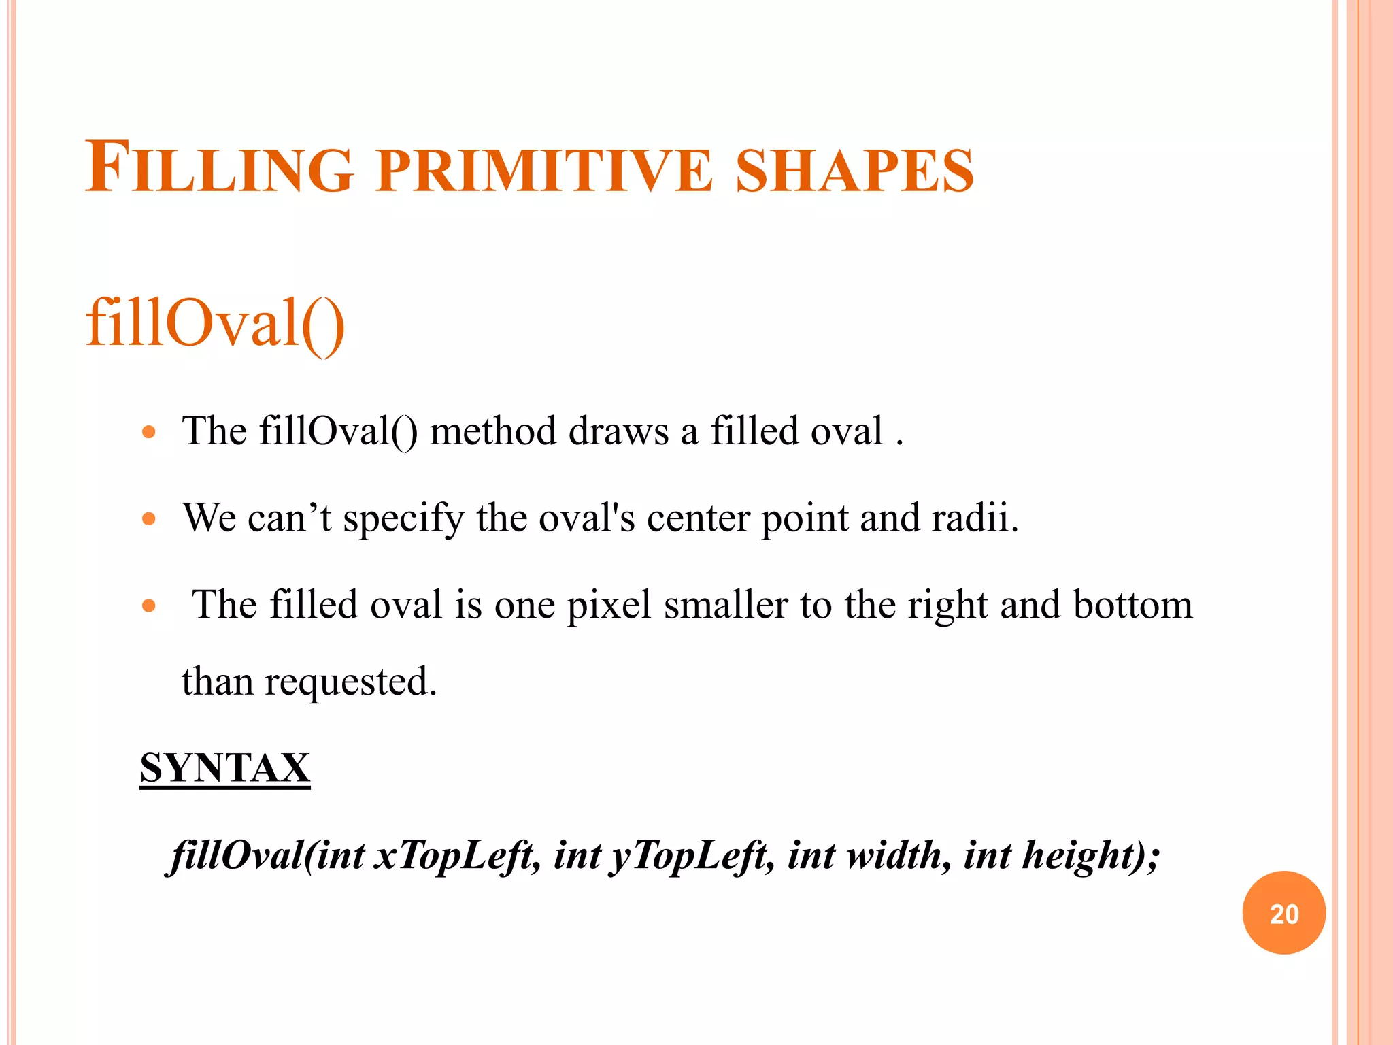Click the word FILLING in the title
[x=219, y=168]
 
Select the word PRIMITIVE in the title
[x=544, y=170]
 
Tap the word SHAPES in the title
[x=855, y=170]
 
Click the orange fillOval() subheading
[x=215, y=323]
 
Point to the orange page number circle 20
[x=1283, y=912]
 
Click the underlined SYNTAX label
[x=225, y=768]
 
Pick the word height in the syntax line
[x=1071, y=856]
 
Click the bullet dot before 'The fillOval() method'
[x=149, y=432]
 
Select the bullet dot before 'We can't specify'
[x=149, y=519]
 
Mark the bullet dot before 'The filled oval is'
[x=149, y=606]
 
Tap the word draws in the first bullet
[x=618, y=431]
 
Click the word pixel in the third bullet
[x=609, y=605]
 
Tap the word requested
[x=350, y=682]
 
